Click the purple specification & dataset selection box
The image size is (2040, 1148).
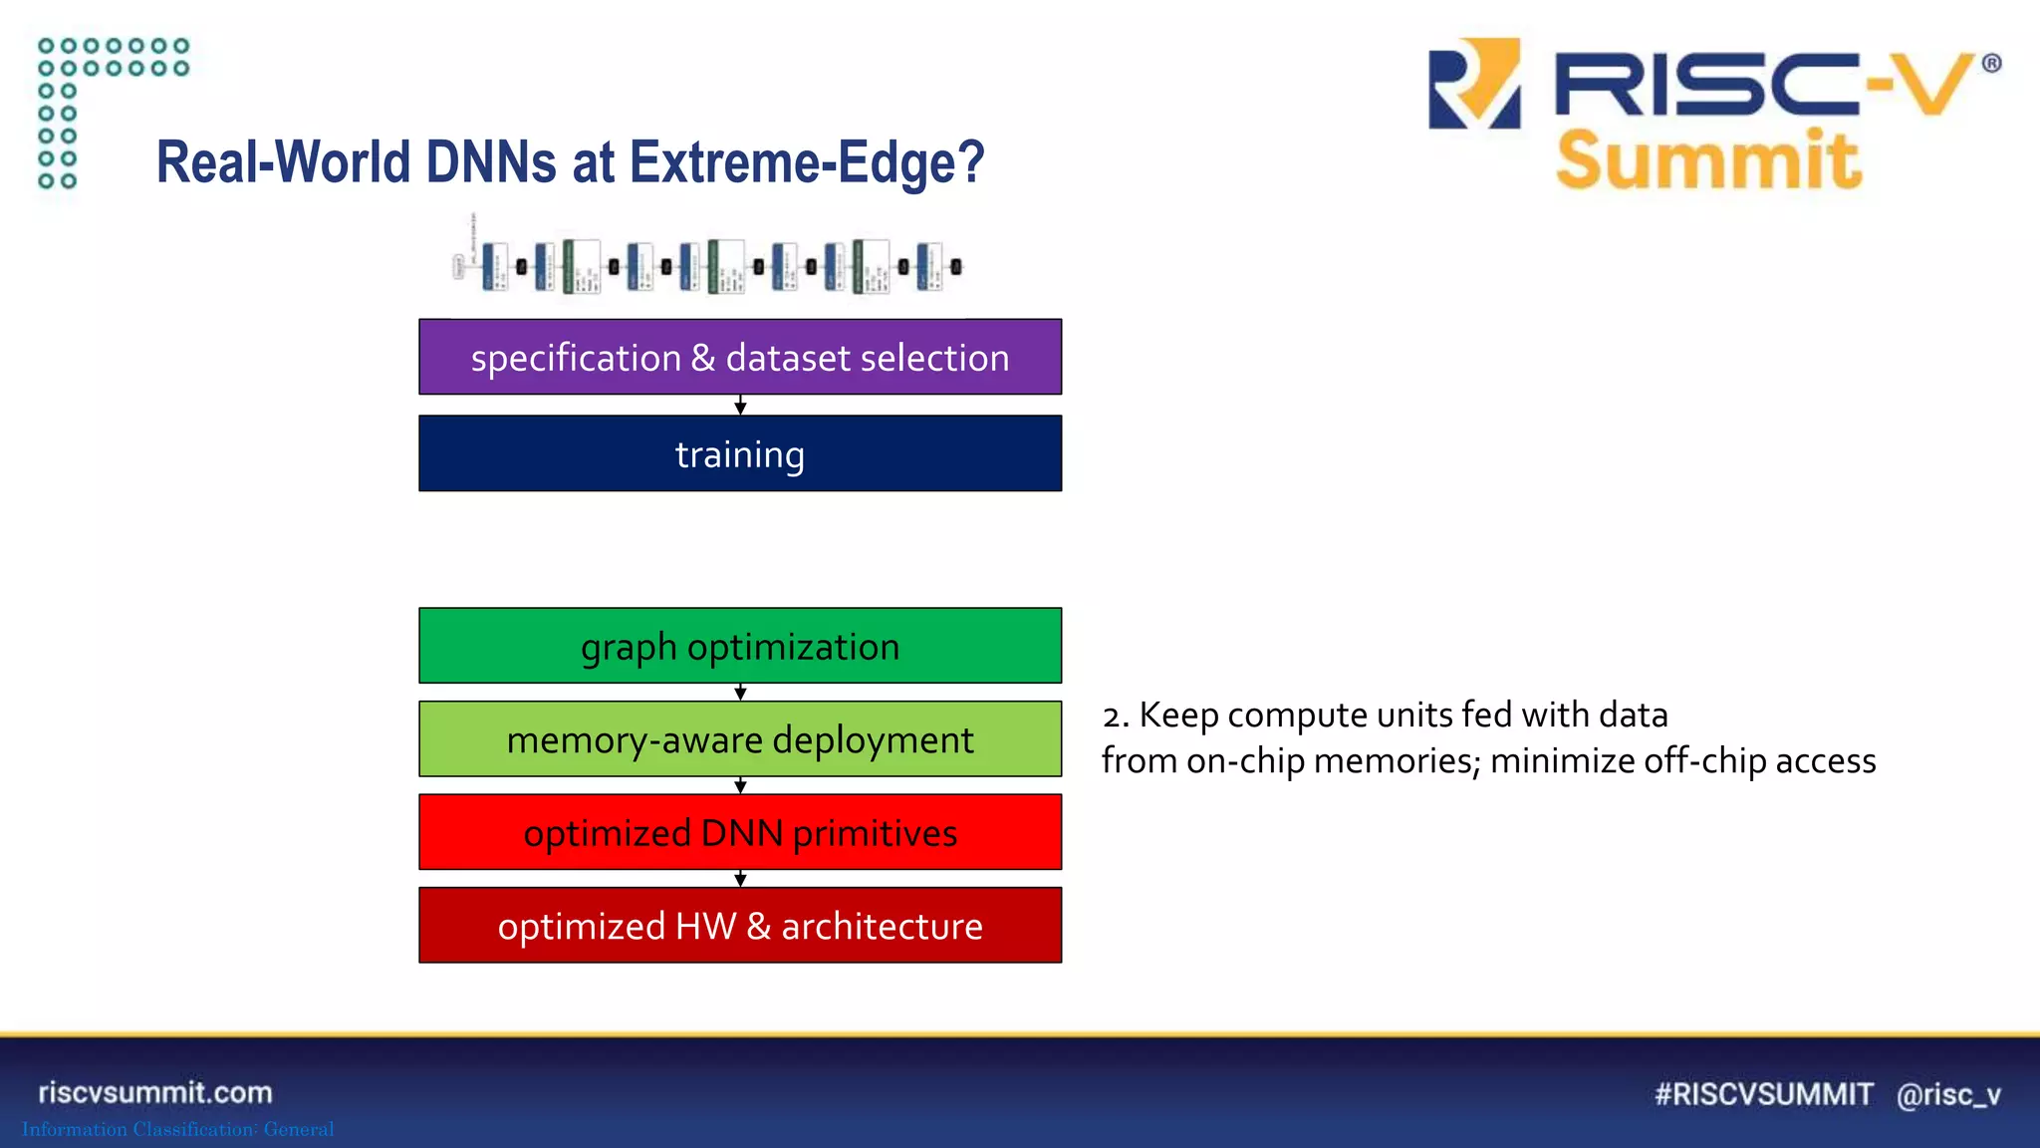[x=740, y=357]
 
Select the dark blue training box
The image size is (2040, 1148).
[x=740, y=453]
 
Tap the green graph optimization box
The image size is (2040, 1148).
[x=740, y=646]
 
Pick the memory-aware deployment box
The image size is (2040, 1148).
[x=740, y=739]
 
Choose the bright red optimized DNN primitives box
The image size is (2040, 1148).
[x=740, y=832]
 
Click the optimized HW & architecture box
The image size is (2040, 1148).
[x=740, y=926]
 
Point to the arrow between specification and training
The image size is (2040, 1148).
[x=740, y=406]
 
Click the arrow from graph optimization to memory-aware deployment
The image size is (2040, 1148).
[x=740, y=693]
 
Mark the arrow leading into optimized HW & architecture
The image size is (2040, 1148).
[x=740, y=879]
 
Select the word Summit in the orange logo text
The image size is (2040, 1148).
[x=1708, y=160]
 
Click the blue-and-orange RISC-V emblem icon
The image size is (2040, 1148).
[x=1474, y=84]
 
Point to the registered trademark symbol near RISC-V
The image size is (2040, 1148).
[x=1991, y=64]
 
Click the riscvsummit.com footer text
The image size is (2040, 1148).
[x=155, y=1092]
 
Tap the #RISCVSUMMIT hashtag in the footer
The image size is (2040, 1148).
[x=1763, y=1094]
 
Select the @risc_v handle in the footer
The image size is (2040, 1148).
[x=1948, y=1094]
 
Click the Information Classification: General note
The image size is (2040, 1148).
[x=178, y=1129]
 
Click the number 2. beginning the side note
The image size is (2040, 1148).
[x=1116, y=716]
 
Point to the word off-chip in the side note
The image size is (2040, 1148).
[x=1705, y=761]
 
